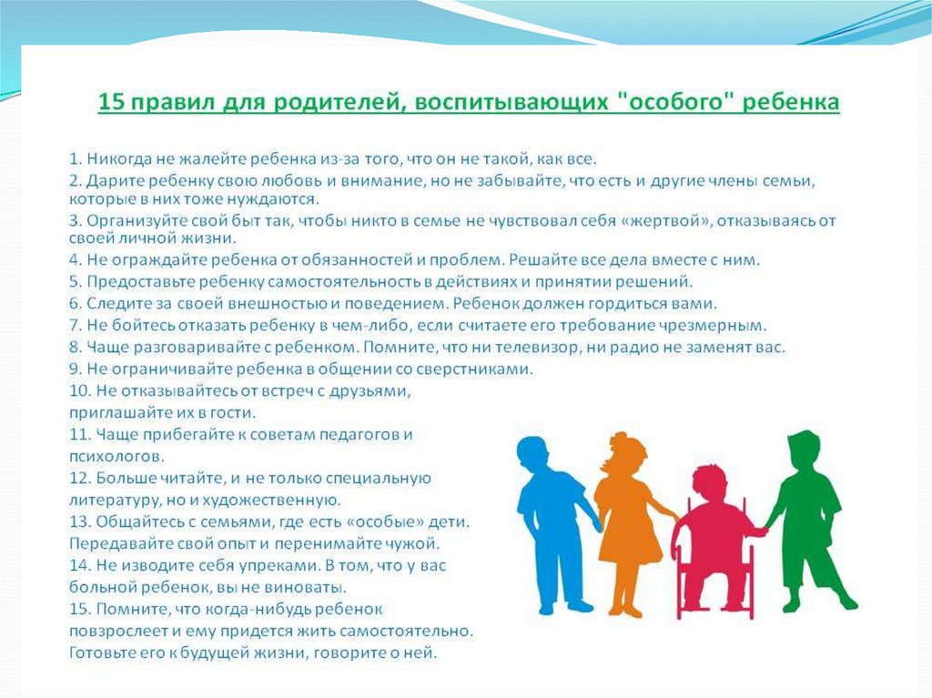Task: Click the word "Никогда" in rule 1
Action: (x=119, y=159)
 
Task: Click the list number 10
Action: (x=79, y=390)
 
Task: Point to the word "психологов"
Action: (x=116, y=457)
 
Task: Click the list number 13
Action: (x=79, y=522)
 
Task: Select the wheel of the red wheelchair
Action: (x=685, y=574)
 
